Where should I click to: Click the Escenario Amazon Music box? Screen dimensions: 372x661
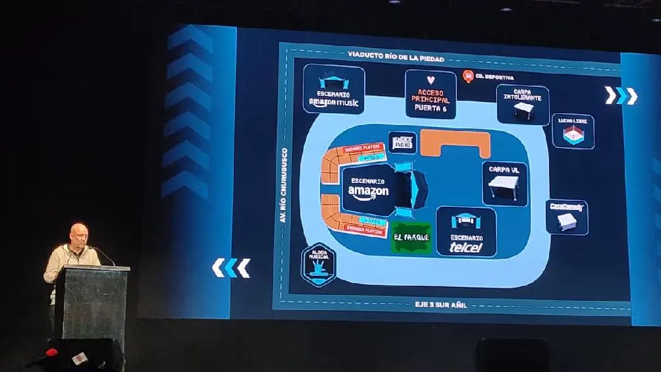pos(334,89)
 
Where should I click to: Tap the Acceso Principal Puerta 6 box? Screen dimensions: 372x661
pos(431,94)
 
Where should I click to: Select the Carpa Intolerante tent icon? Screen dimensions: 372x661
pos(524,109)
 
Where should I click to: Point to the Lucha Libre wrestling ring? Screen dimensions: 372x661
pos(572,134)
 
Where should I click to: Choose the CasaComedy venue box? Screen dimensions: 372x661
pos(566,217)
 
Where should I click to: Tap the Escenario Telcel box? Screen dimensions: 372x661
pos(466,232)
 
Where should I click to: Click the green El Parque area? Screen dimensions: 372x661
pos(411,238)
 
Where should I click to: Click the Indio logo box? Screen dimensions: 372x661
pos(402,142)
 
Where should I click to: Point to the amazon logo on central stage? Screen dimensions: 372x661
pos(369,193)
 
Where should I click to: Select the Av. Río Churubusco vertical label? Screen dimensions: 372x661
pos(284,184)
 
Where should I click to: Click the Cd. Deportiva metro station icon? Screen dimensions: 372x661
pos(468,76)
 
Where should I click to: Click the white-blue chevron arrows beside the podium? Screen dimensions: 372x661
pos(231,267)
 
